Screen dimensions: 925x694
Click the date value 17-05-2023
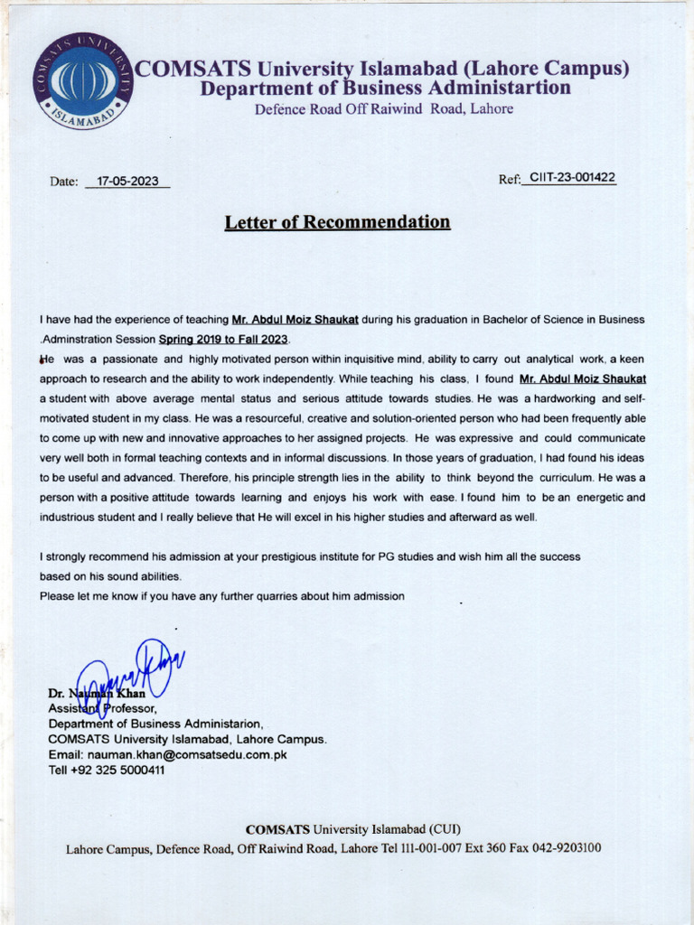127,182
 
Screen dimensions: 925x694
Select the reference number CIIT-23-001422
572,178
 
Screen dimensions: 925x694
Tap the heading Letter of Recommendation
337,222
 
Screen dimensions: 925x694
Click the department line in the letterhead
385,89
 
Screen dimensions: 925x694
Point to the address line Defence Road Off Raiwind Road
383,109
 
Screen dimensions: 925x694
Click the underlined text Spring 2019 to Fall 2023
224,340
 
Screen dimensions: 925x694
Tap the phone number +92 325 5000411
117,771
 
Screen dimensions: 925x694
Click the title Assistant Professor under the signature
102,709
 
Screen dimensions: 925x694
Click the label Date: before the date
64,182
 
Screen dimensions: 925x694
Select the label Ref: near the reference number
509,179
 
